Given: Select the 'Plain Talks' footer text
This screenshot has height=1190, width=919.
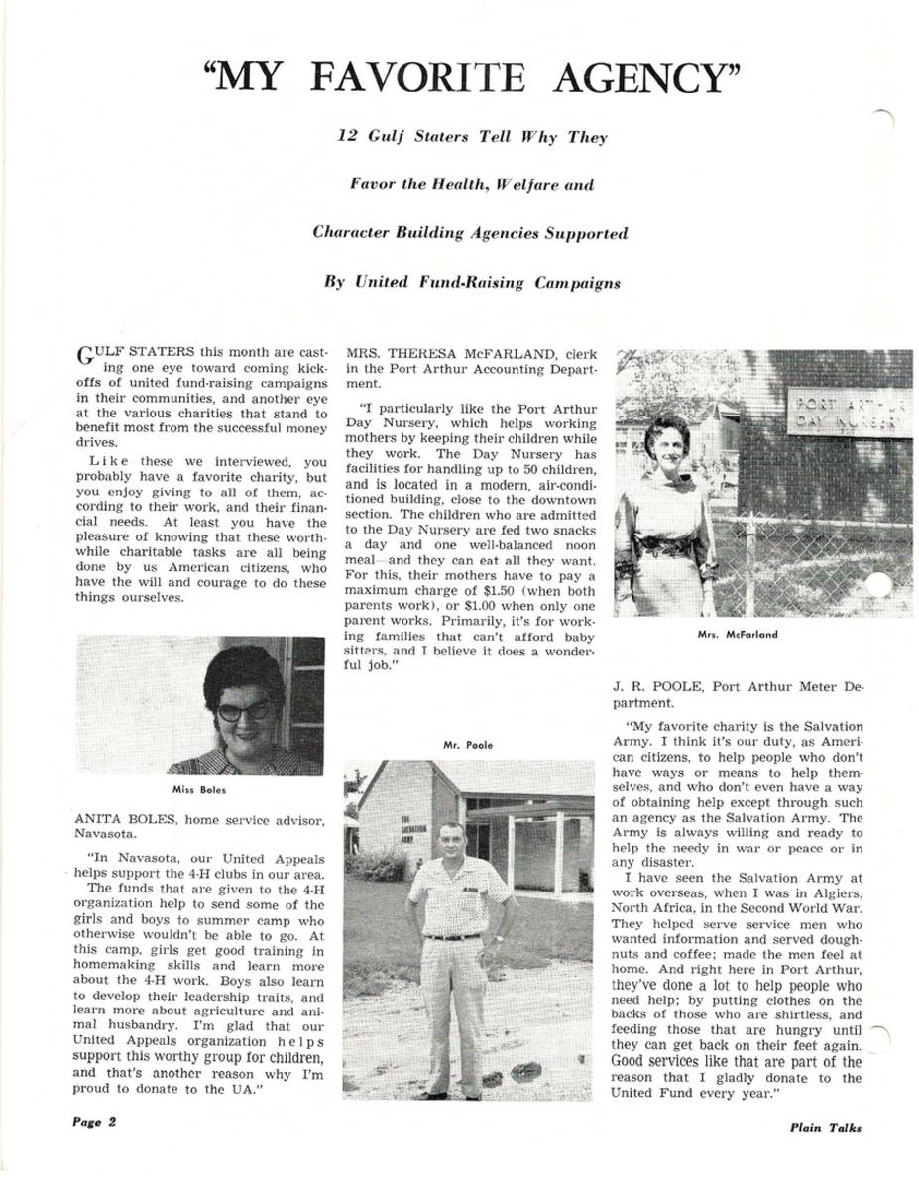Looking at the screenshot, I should [826, 1127].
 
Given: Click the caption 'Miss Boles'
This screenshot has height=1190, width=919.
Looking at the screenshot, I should [199, 790].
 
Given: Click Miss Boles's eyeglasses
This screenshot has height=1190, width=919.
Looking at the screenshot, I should [242, 711].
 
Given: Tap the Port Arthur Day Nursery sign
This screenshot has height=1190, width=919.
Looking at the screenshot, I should [848, 413].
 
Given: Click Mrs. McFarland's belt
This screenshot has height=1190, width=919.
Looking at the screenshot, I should [666, 544].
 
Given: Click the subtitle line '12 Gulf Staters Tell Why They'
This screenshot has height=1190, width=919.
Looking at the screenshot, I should [472, 137].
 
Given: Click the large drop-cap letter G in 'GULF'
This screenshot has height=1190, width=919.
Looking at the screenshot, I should [84, 355].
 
